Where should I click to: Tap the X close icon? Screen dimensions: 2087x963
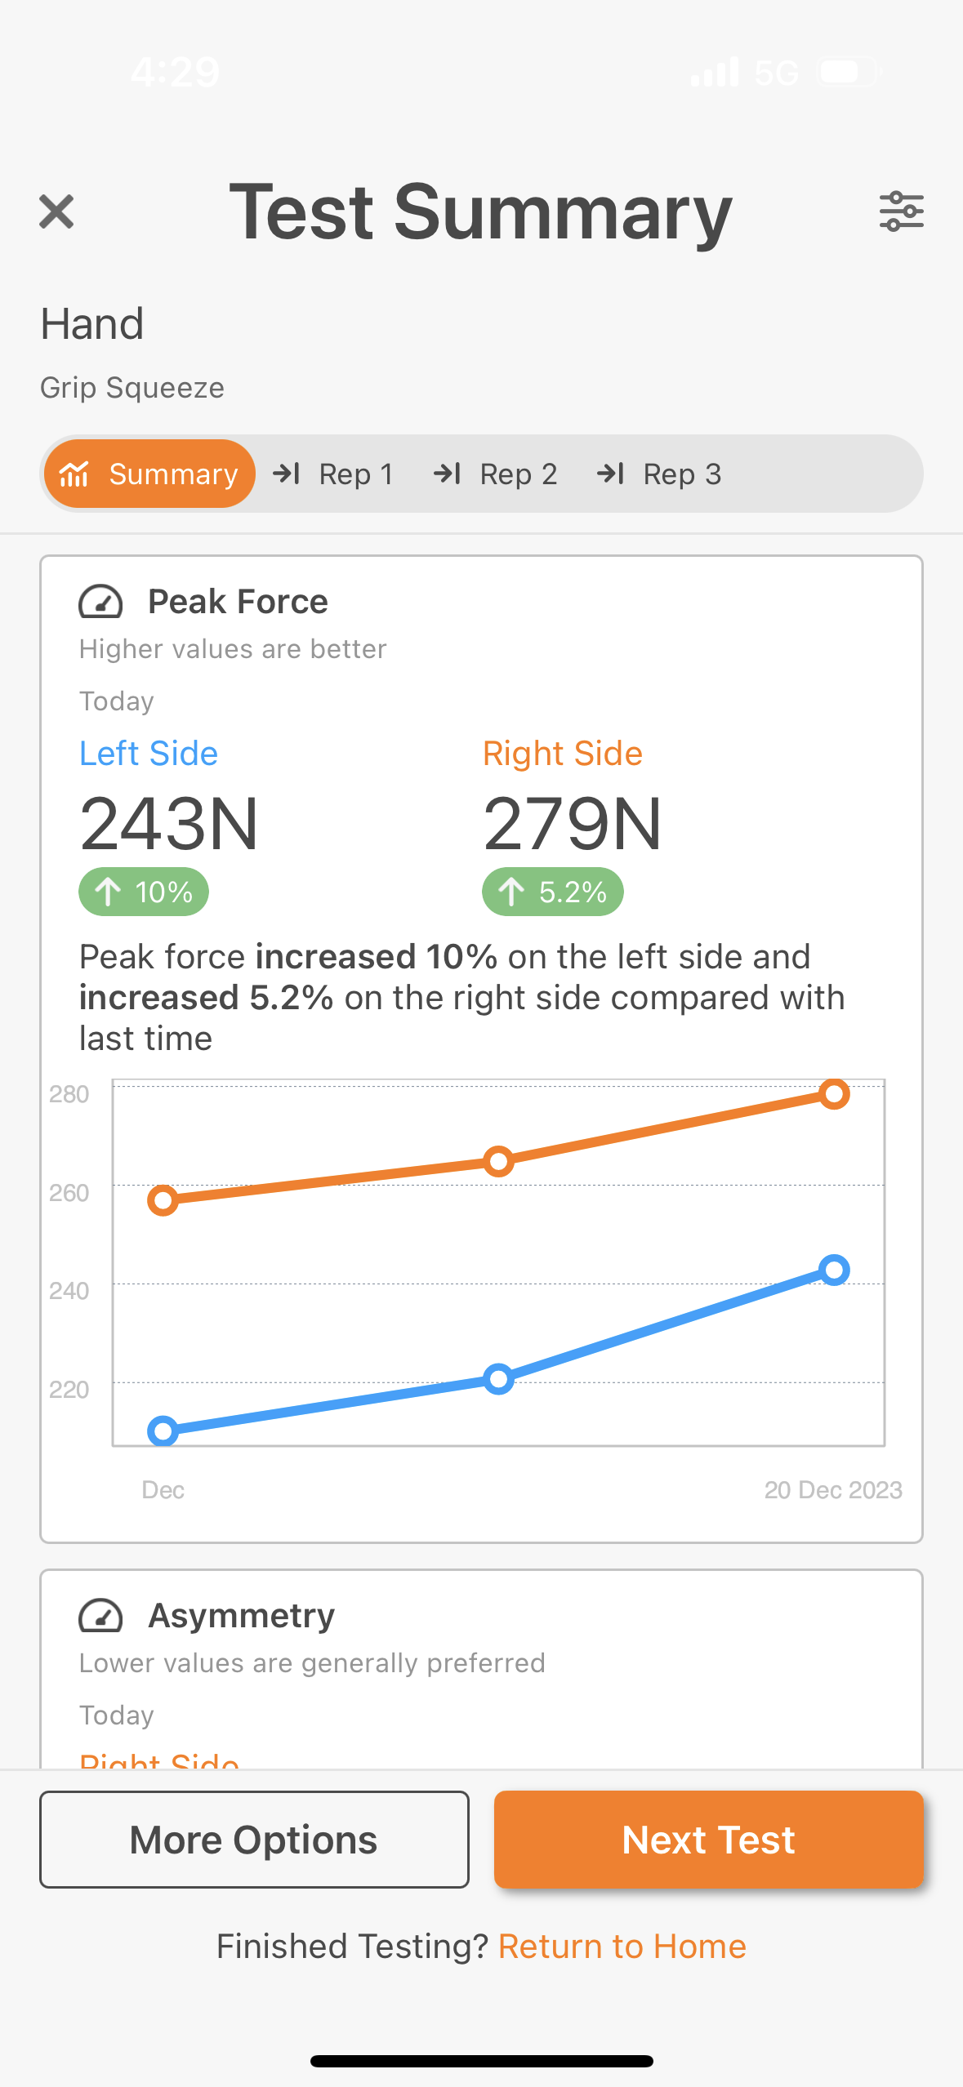point(56,211)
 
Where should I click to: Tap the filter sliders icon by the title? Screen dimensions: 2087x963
point(901,211)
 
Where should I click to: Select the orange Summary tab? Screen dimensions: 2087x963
point(149,474)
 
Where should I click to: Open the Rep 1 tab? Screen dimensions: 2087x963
point(334,474)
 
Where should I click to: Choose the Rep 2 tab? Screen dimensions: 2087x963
point(496,474)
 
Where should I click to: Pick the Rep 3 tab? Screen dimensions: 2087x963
point(659,474)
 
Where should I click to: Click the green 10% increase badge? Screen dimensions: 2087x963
point(144,892)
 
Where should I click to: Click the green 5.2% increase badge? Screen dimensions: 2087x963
point(553,892)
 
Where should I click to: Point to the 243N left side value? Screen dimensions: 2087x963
point(169,824)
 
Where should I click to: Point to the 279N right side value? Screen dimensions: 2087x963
point(573,824)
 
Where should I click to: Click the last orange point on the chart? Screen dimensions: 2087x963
point(834,1093)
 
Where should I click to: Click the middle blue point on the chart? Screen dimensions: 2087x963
point(498,1379)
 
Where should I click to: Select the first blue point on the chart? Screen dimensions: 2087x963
point(163,1431)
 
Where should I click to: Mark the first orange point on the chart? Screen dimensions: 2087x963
point(163,1199)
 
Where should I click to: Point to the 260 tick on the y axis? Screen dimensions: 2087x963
point(69,1193)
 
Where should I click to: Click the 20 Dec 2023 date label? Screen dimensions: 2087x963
point(832,1490)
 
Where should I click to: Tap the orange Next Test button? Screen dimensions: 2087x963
point(708,1840)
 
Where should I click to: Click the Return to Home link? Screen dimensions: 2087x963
point(622,1947)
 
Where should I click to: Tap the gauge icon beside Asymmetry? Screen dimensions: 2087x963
point(100,1616)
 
